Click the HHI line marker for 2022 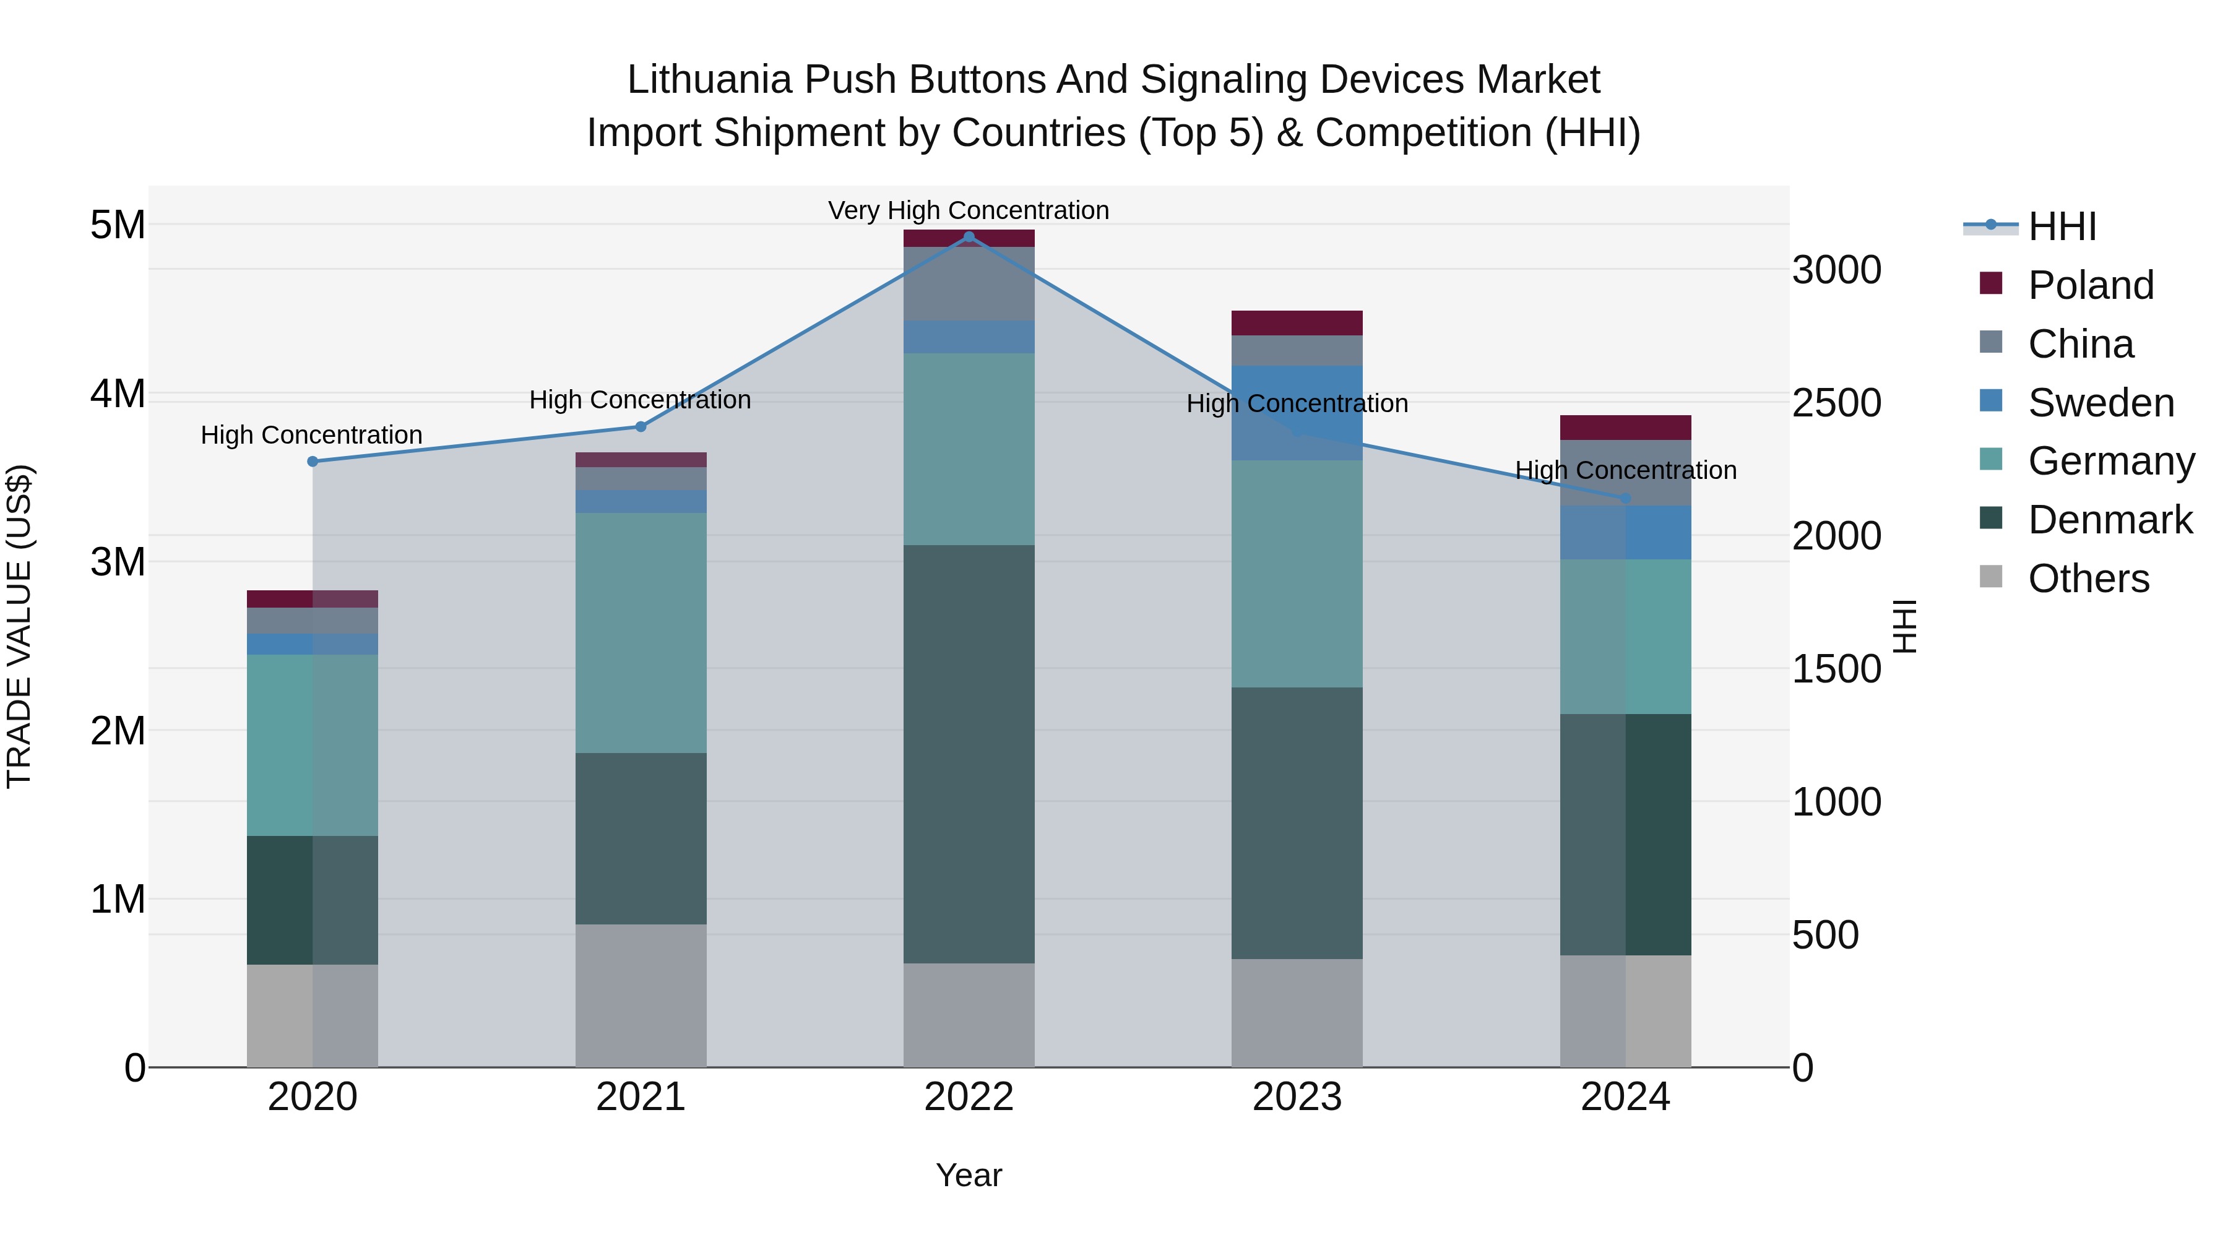click(x=969, y=237)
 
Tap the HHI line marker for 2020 click(x=313, y=462)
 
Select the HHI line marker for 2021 click(x=641, y=426)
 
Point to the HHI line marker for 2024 click(x=1625, y=498)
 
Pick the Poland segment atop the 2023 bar click(x=1297, y=322)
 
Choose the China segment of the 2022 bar click(x=969, y=283)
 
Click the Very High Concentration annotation click(x=969, y=210)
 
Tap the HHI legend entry click(x=2062, y=226)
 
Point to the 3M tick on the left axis click(x=118, y=562)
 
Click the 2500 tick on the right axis click(x=1836, y=403)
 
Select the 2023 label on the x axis click(x=1297, y=1097)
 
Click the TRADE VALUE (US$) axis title click(x=20, y=626)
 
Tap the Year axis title click(x=969, y=1175)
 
